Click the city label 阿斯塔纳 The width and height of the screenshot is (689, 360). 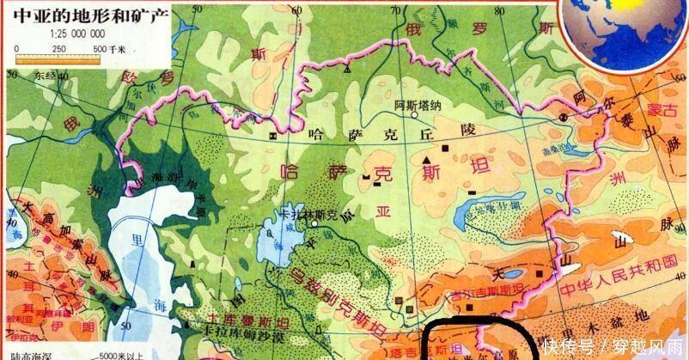(x=418, y=106)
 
